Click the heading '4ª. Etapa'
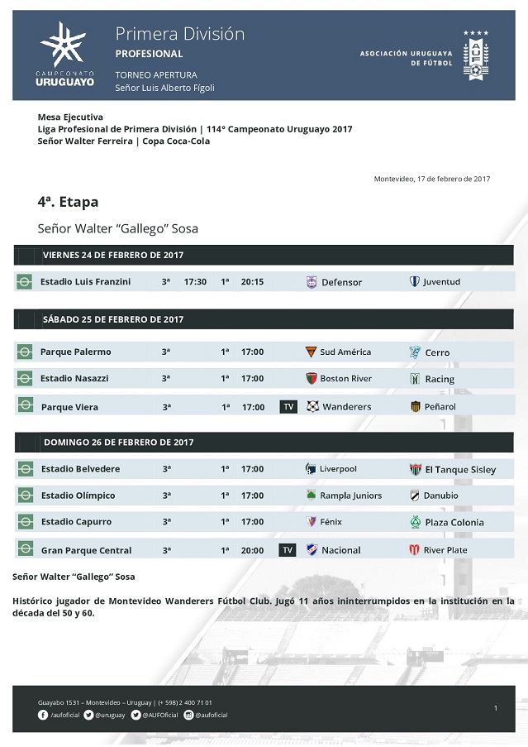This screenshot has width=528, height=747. pos(68,202)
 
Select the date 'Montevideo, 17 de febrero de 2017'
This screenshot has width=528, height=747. pos(431,179)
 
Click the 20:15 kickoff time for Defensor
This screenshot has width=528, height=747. pos(252,282)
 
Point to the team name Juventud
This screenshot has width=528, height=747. pos(441,282)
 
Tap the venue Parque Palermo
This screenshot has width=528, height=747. pos(76,352)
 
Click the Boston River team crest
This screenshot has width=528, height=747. pos(312,379)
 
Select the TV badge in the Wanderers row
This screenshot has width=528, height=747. pos(288,407)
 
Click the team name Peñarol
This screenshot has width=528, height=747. pos(440,407)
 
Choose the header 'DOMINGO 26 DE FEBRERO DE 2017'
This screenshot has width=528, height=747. pos(119,443)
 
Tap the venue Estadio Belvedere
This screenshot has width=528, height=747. pos(80,469)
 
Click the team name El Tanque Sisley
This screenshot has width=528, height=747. pos(460,470)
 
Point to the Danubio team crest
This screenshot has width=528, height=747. pos(416,496)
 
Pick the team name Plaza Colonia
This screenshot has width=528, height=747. pos(454,523)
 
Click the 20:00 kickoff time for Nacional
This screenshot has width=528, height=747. pos(252,550)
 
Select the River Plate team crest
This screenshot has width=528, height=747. pos(415,550)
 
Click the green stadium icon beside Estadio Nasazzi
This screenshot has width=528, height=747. pos(26,379)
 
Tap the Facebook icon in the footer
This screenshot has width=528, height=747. pos(43,715)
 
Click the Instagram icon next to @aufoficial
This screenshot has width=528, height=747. pos(188,715)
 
